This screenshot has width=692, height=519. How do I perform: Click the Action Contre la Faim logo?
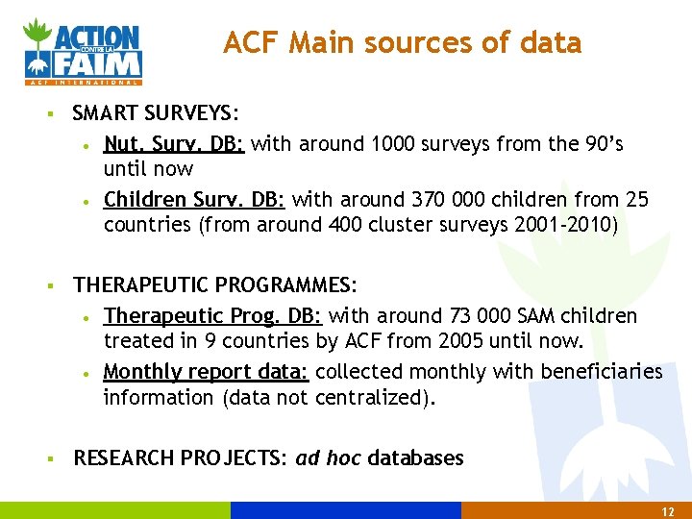(84, 50)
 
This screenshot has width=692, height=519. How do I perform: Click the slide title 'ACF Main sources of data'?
(402, 43)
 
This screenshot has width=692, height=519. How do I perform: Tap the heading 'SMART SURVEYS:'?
(155, 114)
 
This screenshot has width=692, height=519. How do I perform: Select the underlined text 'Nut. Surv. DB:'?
(174, 144)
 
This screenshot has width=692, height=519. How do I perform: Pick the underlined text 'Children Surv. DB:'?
(194, 200)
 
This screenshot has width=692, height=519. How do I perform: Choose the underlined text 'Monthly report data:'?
(206, 371)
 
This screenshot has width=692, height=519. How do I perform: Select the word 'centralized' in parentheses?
(370, 397)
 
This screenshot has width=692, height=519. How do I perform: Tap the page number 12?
(668, 511)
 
